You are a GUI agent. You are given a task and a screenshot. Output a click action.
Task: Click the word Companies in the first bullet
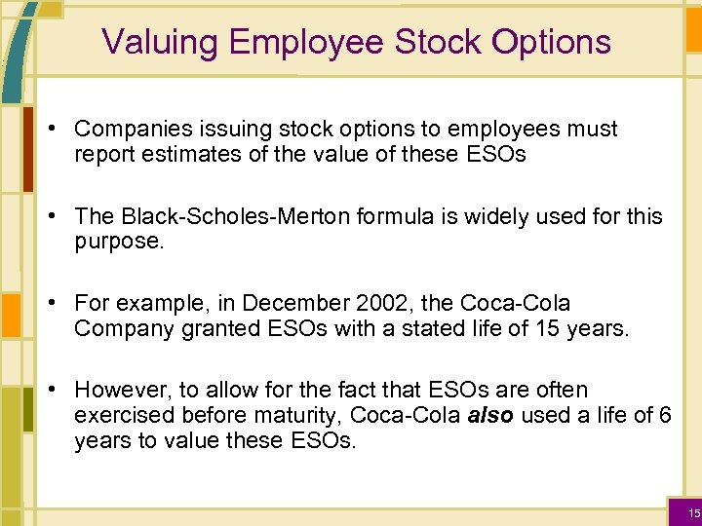pyautogui.click(x=129, y=129)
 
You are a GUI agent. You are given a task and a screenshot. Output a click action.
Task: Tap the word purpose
pyautogui.click(x=117, y=241)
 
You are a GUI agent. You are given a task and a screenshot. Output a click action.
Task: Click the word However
pyautogui.click(x=116, y=391)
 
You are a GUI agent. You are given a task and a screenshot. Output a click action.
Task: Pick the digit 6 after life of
pyautogui.click(x=665, y=415)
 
